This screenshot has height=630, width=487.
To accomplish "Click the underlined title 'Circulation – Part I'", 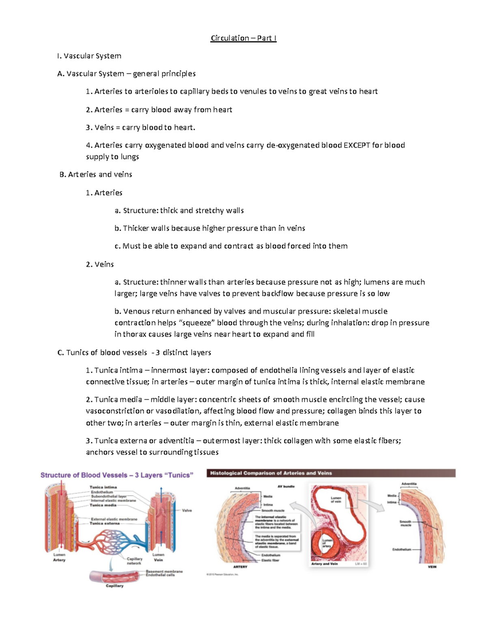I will (x=243, y=38).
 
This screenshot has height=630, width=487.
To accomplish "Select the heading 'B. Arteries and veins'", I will (x=96, y=174).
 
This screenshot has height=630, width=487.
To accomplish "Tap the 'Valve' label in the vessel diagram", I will (x=187, y=510).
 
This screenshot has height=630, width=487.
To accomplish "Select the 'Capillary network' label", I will (x=134, y=561).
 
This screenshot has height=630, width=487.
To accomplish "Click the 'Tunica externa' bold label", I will (x=105, y=523).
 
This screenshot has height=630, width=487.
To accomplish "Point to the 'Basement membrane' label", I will (x=164, y=571).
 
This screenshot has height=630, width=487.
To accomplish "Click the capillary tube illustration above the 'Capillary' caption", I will (x=115, y=576).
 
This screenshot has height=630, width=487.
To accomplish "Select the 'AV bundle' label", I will (x=286, y=486).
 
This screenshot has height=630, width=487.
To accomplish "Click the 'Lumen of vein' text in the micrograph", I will (x=336, y=500).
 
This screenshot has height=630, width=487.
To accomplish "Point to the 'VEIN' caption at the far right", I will (x=432, y=567).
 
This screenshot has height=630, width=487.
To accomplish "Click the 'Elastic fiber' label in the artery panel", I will (x=270, y=560).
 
